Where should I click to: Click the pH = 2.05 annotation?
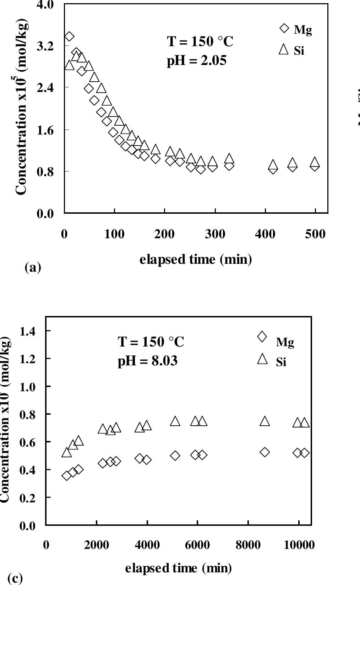click(196, 61)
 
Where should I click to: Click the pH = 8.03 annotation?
click(147, 361)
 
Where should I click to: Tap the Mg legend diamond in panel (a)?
click(284, 28)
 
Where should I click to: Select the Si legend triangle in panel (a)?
click(284, 49)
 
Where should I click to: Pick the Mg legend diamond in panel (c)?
click(262, 336)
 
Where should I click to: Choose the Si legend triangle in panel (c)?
click(262, 359)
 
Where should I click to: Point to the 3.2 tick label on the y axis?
click(46, 46)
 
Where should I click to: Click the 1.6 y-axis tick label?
click(46, 130)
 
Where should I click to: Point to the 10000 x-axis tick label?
click(299, 545)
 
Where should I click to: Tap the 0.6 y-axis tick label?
click(27, 442)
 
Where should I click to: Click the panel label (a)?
click(33, 267)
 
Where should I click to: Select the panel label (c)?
click(15, 578)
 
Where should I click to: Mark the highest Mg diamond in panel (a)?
click(69, 37)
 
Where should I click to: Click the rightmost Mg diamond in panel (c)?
click(304, 453)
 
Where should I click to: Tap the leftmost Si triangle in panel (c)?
click(66, 452)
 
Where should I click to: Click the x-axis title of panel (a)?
click(196, 260)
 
